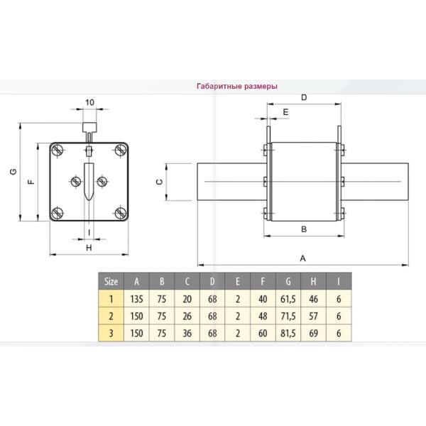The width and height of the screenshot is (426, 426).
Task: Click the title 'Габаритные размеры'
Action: tap(236, 87)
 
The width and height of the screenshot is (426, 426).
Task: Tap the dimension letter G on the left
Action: tap(13, 172)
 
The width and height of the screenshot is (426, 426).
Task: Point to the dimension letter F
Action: tap(30, 182)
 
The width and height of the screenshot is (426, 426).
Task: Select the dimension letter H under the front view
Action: tap(89, 248)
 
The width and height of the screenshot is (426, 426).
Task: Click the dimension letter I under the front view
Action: tap(88, 231)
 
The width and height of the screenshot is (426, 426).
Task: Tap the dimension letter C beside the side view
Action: tap(160, 182)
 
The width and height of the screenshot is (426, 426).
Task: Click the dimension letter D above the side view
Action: tap(303, 97)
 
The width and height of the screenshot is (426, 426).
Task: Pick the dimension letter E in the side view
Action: tap(285, 113)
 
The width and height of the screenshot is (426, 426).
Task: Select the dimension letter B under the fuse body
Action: tap(303, 229)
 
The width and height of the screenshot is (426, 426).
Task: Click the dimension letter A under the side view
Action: tap(303, 258)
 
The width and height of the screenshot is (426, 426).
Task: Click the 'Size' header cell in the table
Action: tap(111, 280)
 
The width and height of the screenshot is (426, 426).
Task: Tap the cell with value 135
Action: tap(137, 298)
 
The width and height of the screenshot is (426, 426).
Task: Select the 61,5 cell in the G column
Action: tap(288, 298)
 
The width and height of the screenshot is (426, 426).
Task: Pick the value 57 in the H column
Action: tap(313, 316)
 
